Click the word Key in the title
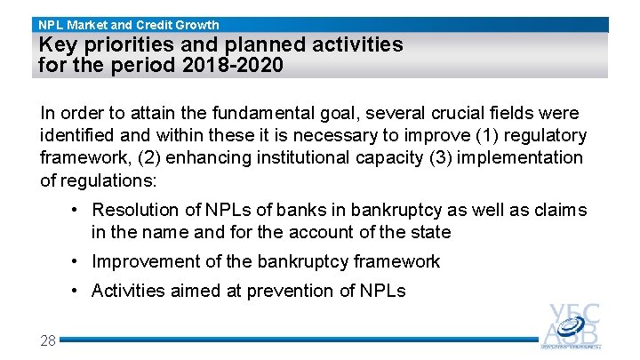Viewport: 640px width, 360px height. point(58,44)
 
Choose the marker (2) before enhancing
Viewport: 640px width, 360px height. point(129,158)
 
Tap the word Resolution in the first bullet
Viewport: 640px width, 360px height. point(132,210)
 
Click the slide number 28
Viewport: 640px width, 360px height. point(48,340)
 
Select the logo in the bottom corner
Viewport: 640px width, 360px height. point(572,325)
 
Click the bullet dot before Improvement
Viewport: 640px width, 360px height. point(78,261)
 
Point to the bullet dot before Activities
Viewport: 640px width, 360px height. point(78,291)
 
